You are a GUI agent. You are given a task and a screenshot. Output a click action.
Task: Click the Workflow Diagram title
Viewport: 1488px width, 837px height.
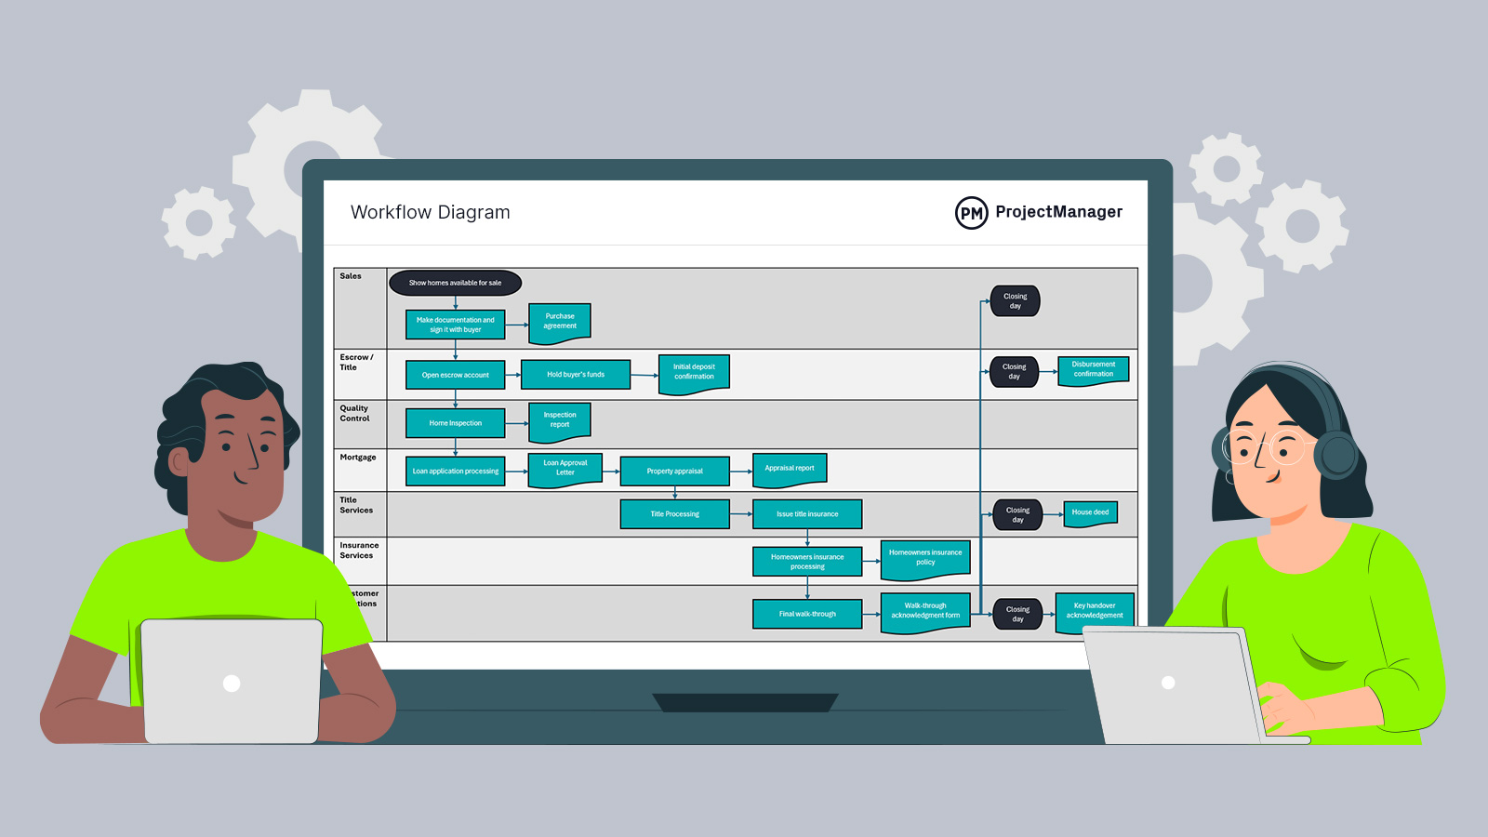pyautogui.click(x=430, y=212)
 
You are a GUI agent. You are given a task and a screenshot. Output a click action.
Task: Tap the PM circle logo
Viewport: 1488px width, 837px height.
pyautogui.click(x=971, y=213)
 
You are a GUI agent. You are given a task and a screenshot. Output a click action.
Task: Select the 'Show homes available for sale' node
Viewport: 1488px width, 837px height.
pyautogui.click(x=455, y=283)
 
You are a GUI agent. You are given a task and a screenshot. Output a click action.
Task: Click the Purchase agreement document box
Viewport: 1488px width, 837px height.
pyautogui.click(x=560, y=322)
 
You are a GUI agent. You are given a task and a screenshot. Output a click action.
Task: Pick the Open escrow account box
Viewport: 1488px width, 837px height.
pyautogui.click(x=455, y=375)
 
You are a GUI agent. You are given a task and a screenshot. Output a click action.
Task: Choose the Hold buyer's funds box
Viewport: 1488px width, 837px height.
pyautogui.click(x=576, y=375)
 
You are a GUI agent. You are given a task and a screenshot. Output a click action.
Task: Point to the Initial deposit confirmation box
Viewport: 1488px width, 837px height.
pyautogui.click(x=694, y=372)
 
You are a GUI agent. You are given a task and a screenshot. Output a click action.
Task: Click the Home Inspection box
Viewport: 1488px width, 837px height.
pyautogui.click(x=455, y=423)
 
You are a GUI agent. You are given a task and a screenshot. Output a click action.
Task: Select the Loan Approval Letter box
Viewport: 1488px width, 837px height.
pyautogui.click(x=565, y=468)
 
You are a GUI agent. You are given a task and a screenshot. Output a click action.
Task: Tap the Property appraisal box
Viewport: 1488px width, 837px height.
pyautogui.click(x=674, y=472)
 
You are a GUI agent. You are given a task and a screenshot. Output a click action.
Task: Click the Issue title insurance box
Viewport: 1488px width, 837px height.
pyautogui.click(x=807, y=514)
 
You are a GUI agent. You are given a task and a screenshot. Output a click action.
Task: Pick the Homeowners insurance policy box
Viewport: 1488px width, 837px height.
pyautogui.click(x=925, y=558)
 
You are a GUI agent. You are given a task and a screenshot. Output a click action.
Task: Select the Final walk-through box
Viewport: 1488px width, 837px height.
pyautogui.click(x=807, y=614)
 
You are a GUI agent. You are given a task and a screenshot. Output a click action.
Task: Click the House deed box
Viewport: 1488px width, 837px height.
pyautogui.click(x=1090, y=512)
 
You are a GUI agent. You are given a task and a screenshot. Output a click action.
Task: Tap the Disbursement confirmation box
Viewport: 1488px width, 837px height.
pyautogui.click(x=1093, y=369)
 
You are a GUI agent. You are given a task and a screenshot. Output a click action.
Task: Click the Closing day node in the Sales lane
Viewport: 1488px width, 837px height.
pyautogui.click(x=1015, y=301)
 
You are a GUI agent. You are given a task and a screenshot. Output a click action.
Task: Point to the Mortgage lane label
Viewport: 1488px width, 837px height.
pyautogui.click(x=358, y=458)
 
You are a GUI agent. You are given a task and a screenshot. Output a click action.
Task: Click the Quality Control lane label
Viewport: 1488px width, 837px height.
pyautogui.click(x=354, y=413)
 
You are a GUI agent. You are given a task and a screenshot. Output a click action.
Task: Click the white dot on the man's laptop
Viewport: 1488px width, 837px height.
pyautogui.click(x=232, y=684)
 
